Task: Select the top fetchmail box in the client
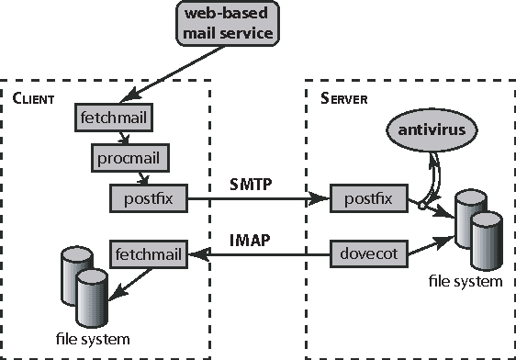pyautogui.click(x=111, y=118)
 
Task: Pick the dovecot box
pyautogui.click(x=367, y=251)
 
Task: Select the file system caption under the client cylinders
pyautogui.click(x=90, y=339)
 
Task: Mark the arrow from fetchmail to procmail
pyautogui.click(x=116, y=138)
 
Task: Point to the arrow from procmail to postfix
pyautogui.click(x=140, y=176)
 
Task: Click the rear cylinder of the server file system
pyautogui.click(x=471, y=208)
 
